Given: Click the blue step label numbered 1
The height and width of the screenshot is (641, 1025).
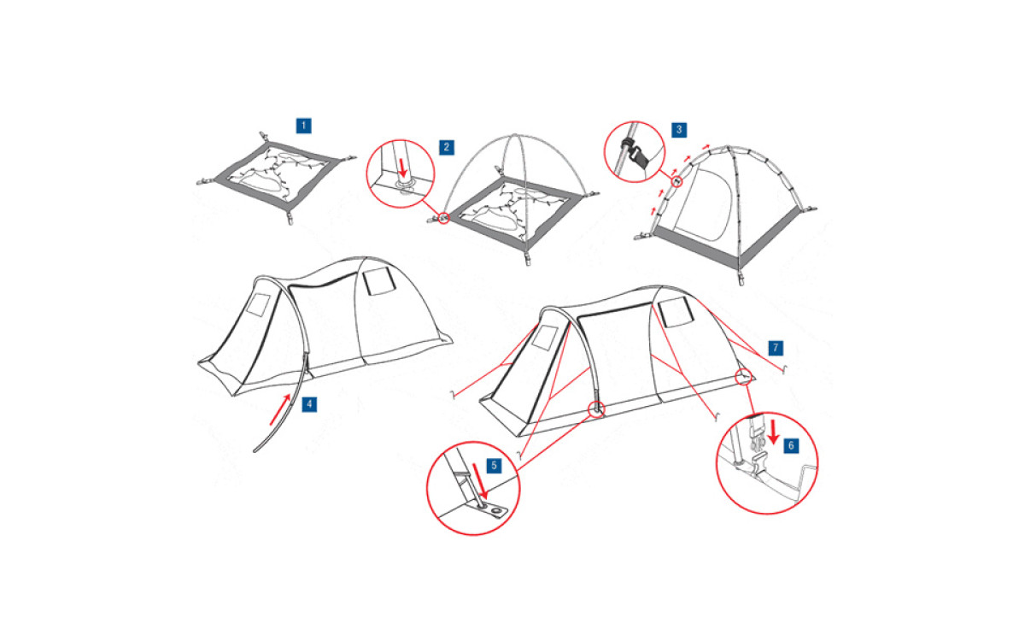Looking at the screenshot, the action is (x=304, y=126).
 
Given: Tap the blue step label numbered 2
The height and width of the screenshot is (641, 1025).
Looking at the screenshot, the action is (x=447, y=147).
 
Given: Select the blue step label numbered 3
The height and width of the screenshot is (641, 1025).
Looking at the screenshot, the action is (x=679, y=130).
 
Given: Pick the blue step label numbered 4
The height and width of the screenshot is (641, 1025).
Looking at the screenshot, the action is (x=309, y=404).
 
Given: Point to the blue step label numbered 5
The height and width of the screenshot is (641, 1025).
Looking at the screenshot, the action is (x=494, y=466).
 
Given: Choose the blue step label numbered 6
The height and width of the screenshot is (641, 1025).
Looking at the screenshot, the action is (x=791, y=446).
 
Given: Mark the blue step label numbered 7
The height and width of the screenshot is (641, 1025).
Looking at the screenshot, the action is (x=776, y=348).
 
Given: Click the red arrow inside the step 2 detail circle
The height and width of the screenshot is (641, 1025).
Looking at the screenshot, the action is (x=402, y=168).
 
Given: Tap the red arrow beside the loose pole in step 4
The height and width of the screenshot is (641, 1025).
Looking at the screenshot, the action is (x=279, y=409).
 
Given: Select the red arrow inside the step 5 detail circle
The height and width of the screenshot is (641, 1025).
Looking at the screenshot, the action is (x=479, y=480).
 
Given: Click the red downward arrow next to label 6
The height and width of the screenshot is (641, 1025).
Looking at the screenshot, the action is (x=773, y=432).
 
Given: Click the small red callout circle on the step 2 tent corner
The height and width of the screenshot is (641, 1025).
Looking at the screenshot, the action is (x=443, y=218).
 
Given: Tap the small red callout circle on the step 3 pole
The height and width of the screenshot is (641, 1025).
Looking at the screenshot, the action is (x=676, y=182).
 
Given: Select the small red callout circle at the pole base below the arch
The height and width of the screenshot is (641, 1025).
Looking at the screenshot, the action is (x=597, y=409).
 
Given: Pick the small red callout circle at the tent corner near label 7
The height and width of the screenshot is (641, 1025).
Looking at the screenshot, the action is (x=743, y=377).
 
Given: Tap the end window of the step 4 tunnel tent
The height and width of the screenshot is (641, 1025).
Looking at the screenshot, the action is (x=259, y=305).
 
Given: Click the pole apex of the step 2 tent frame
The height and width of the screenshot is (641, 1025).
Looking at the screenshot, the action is (x=515, y=136).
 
